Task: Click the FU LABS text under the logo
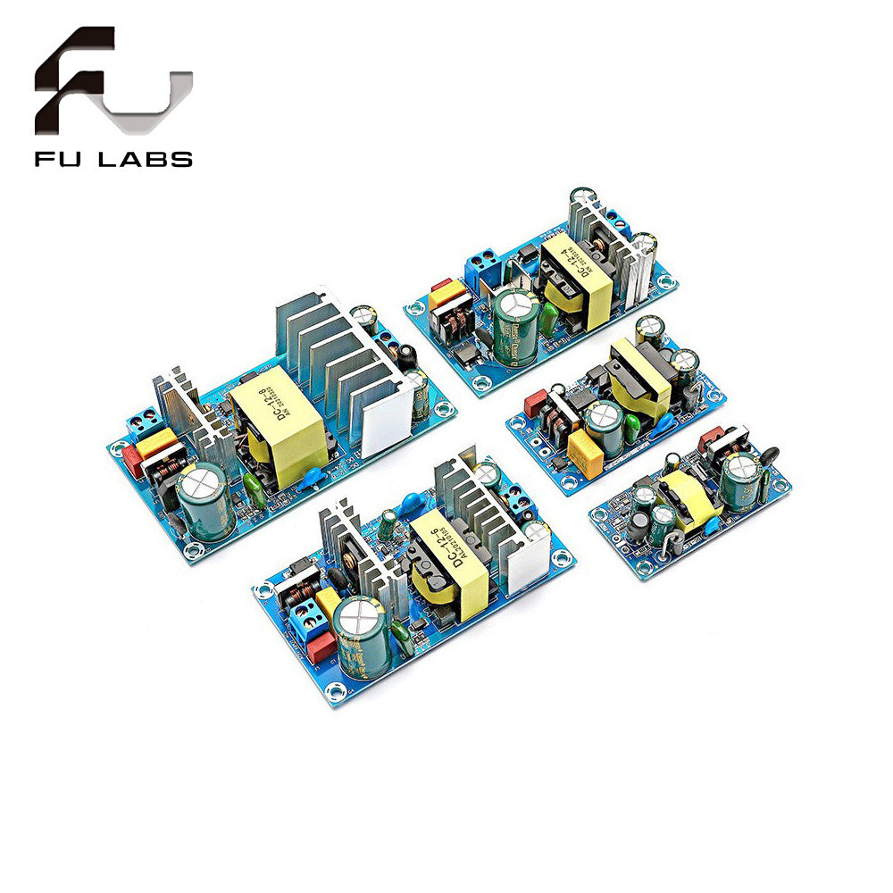click(113, 160)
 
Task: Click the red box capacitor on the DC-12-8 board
click(131, 462)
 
